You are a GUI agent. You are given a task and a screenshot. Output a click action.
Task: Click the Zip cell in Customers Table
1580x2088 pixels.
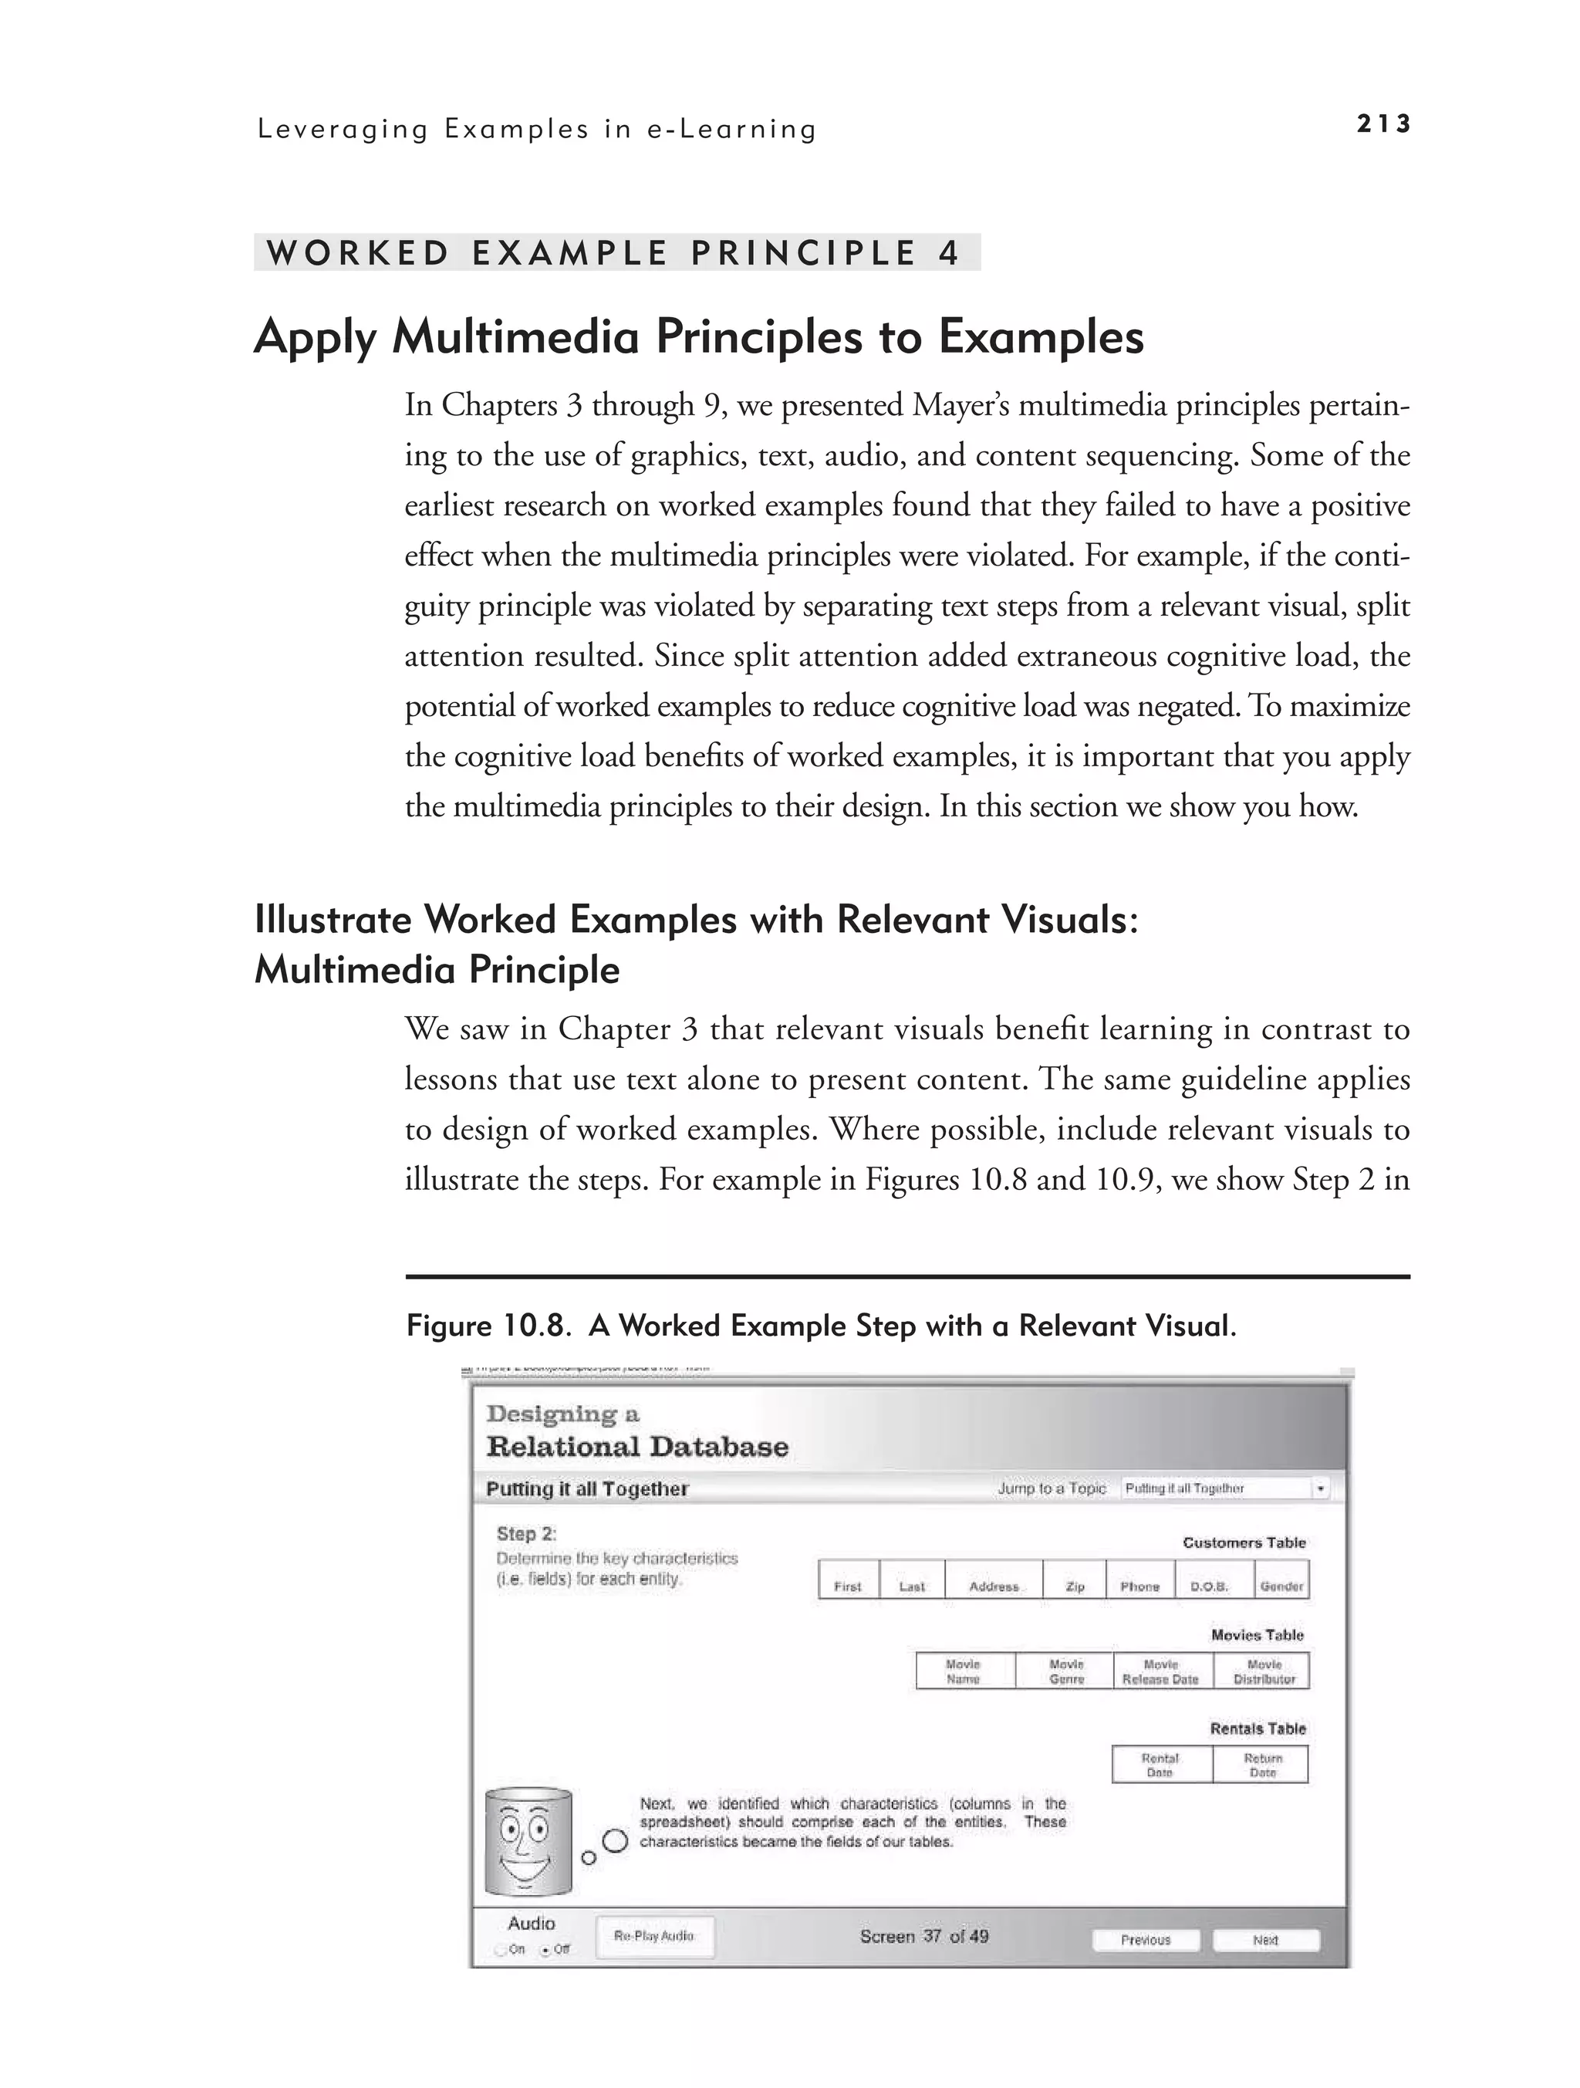(1074, 1586)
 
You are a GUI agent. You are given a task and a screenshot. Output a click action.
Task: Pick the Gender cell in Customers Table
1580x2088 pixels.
(1281, 1586)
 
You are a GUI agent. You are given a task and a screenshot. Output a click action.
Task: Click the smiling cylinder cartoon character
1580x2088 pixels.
(528, 1843)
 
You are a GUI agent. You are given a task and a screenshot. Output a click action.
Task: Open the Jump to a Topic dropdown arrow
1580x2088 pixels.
(1321, 1488)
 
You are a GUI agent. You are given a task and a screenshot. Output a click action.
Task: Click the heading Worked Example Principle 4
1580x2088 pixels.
(613, 253)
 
